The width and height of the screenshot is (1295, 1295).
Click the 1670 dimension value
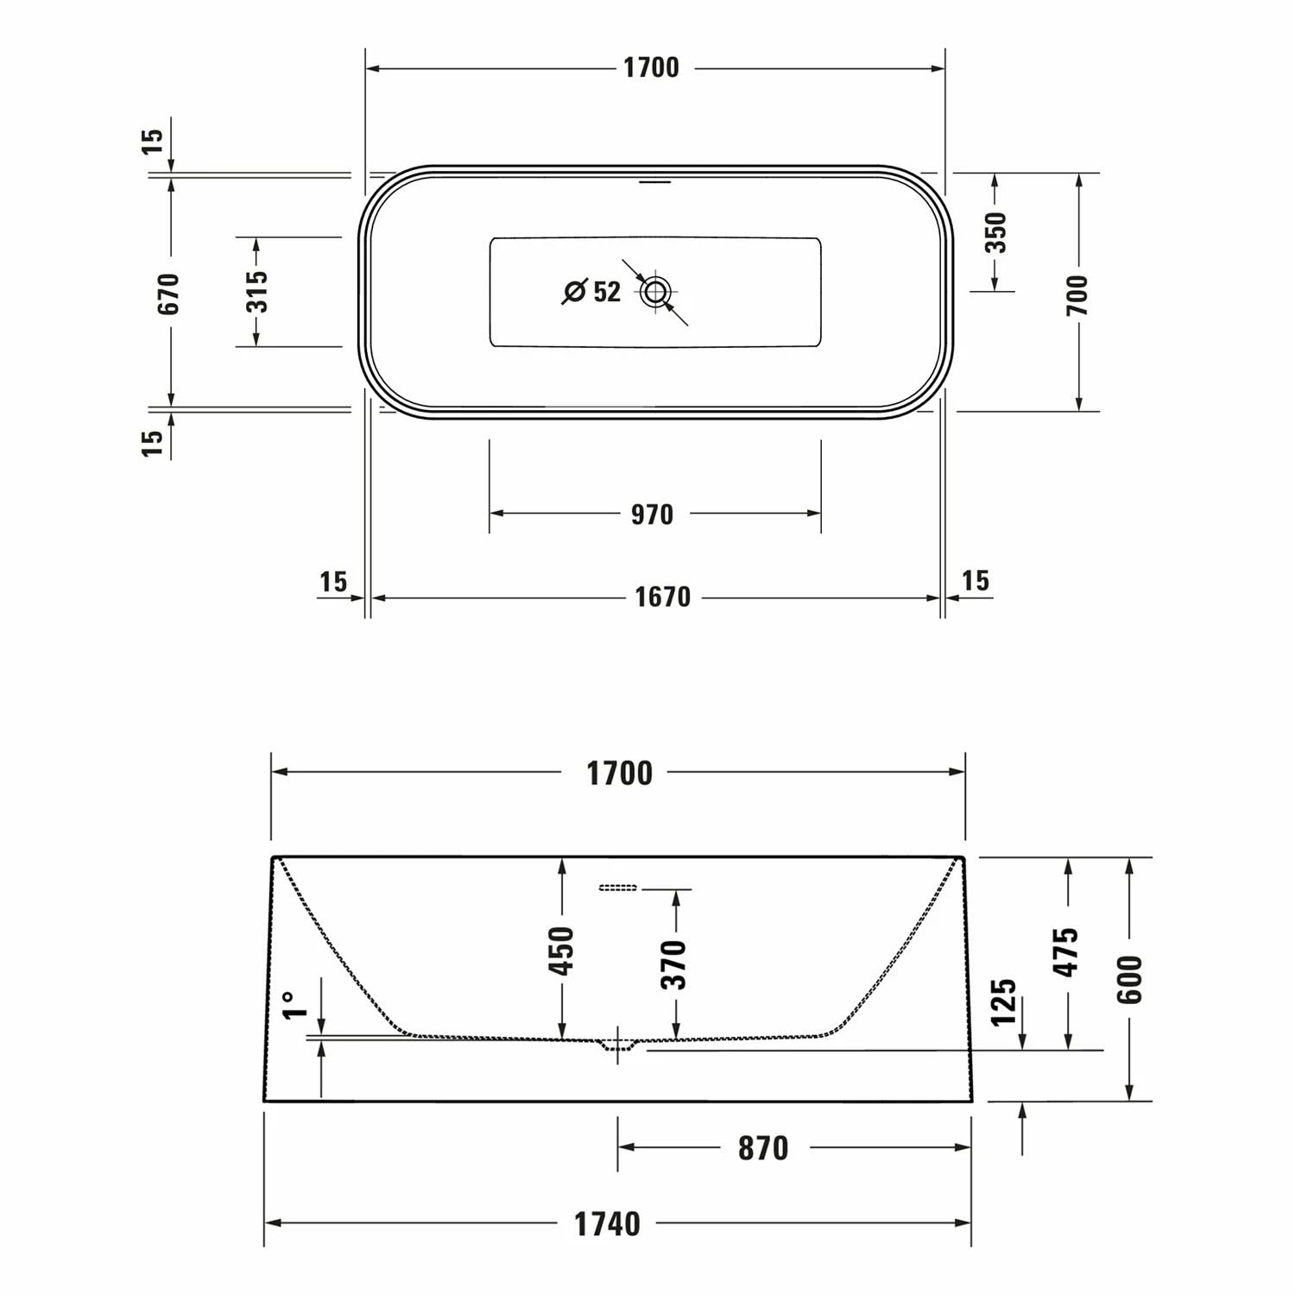(x=662, y=597)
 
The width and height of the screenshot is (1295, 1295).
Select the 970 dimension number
(x=652, y=515)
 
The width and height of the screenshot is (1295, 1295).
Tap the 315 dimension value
(x=256, y=291)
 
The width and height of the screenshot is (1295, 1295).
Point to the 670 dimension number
(x=170, y=293)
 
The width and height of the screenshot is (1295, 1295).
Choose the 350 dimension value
(x=995, y=231)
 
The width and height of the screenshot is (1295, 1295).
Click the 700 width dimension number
(x=1077, y=294)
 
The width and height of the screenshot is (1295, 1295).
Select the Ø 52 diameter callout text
(x=592, y=292)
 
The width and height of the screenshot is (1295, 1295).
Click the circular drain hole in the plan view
(x=655, y=292)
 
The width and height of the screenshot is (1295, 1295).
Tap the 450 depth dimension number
(x=562, y=951)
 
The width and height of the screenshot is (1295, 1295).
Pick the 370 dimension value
(x=675, y=964)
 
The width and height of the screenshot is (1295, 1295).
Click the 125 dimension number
(x=1003, y=1002)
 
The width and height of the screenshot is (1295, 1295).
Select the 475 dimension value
(x=1068, y=951)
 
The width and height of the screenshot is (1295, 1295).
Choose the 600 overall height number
(x=1129, y=979)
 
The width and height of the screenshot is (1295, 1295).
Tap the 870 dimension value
(x=763, y=1148)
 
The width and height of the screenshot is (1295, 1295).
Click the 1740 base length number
(x=608, y=1223)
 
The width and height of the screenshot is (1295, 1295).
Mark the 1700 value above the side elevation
(x=619, y=774)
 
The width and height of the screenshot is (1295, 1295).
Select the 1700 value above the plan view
(x=651, y=68)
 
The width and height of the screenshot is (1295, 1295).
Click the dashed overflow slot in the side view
(x=617, y=888)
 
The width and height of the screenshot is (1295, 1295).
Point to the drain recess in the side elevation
(x=618, y=1045)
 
